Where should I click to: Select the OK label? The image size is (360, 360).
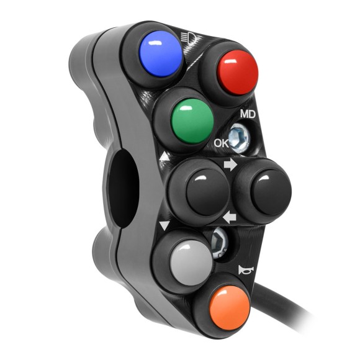click(222, 143)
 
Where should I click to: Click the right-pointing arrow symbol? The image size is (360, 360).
click(231, 166)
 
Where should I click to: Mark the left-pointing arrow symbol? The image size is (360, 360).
click(230, 217)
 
